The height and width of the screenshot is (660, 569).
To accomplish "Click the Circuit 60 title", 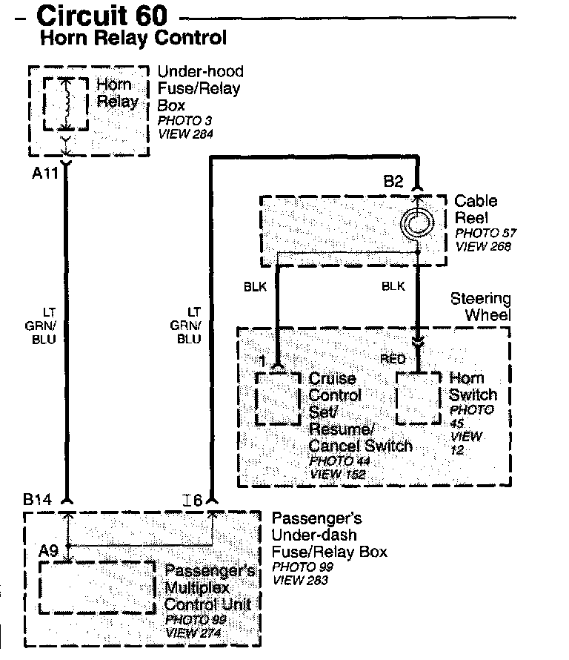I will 102,15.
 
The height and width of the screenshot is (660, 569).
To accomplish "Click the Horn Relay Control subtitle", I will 133,37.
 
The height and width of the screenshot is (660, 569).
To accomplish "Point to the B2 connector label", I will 393,181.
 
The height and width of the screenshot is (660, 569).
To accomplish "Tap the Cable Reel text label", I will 476,209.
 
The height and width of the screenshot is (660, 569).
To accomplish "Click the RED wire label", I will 393,359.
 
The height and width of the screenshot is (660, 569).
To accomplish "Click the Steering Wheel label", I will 481,306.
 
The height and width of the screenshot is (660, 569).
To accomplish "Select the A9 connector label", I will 50,551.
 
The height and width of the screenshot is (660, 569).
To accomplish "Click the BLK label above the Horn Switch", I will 393,285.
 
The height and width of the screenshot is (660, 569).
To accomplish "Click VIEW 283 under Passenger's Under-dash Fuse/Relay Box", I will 299,580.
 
